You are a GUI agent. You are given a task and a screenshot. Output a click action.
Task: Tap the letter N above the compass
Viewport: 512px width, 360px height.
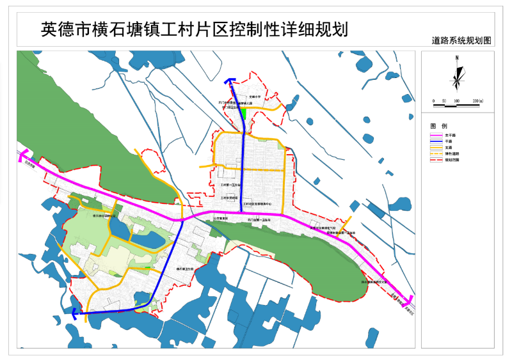[x=457, y=58]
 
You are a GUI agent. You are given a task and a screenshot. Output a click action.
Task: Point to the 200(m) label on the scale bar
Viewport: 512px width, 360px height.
[x=478, y=102]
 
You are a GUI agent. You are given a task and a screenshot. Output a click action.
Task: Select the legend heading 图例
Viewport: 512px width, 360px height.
[x=437, y=125]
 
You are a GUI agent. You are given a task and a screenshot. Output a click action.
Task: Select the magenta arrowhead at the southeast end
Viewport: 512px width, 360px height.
[x=408, y=299]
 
